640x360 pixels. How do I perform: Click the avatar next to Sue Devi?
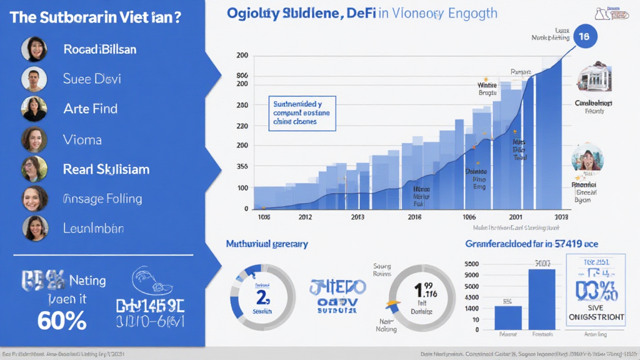pos(34,79)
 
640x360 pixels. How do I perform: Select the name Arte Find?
pos(90,109)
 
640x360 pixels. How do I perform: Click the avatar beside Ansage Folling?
pos(34,199)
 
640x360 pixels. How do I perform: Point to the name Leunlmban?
pos(93,229)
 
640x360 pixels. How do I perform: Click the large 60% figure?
pos(61,321)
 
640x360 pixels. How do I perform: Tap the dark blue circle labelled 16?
pos(584,37)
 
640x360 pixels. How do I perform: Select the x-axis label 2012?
pos(304,217)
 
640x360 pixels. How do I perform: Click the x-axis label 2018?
pos(415,217)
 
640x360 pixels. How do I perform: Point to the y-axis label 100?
pos(242,188)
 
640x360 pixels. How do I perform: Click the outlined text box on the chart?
pos(303,113)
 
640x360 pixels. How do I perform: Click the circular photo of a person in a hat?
pos(587,159)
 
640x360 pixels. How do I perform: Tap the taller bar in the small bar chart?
pos(541,299)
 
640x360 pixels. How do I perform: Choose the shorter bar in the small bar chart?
pos(508,317)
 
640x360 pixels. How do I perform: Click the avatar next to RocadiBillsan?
pos(34,49)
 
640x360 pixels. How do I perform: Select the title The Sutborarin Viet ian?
pos(96,17)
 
